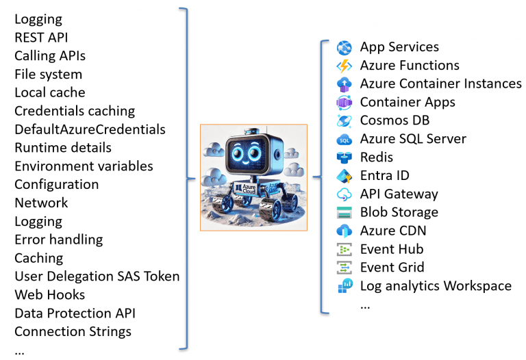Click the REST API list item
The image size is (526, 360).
pyautogui.click(x=41, y=38)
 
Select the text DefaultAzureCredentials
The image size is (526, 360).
pyautogui.click(x=90, y=129)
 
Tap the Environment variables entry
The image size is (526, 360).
pyautogui.click(x=84, y=166)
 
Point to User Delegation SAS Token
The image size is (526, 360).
pyautogui.click(x=97, y=277)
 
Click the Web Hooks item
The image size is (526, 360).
pyautogui.click(x=50, y=295)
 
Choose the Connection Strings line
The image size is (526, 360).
pyautogui.click(x=73, y=332)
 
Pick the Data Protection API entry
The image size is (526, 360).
pyautogui.click(x=75, y=313)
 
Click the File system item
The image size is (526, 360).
pyautogui.click(x=48, y=74)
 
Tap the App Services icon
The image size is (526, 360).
pyautogui.click(x=344, y=48)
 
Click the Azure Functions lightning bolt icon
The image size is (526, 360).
pyautogui.click(x=344, y=66)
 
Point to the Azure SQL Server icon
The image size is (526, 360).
pyautogui.click(x=344, y=139)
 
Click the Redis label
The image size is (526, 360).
pyautogui.click(x=377, y=157)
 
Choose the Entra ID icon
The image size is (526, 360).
pyautogui.click(x=344, y=176)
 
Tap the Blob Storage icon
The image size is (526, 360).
pyautogui.click(x=344, y=213)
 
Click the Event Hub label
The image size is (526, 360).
pyautogui.click(x=392, y=249)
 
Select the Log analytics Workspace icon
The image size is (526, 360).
pyautogui.click(x=344, y=286)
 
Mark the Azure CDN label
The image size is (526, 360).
pyautogui.click(x=392, y=231)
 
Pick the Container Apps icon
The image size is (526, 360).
pyautogui.click(x=344, y=103)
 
